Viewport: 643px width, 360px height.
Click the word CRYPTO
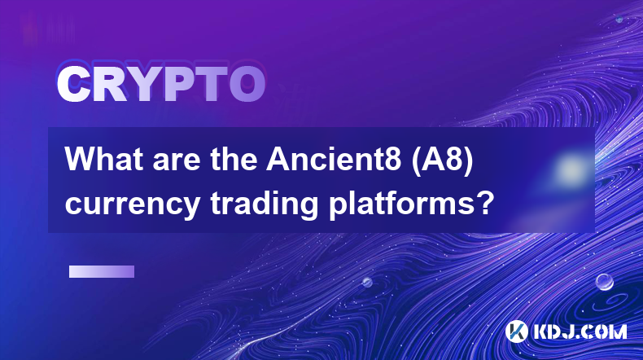tap(161, 84)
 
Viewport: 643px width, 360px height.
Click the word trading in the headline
tap(264, 203)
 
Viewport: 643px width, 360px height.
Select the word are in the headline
tap(177, 163)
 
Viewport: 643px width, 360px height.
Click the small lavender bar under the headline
tap(102, 272)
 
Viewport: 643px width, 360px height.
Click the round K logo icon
tap(516, 331)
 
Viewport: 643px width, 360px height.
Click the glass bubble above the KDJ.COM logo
tap(604, 282)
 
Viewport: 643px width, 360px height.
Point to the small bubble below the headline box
tap(367, 282)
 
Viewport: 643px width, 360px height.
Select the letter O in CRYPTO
tap(247, 84)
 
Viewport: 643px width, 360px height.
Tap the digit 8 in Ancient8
tap(393, 160)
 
